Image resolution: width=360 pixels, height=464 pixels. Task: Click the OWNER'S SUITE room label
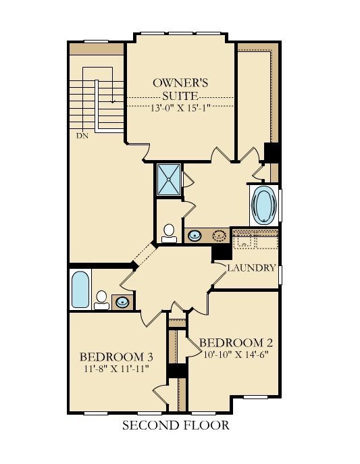tap(180, 90)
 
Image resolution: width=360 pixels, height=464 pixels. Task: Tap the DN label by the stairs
tap(82, 136)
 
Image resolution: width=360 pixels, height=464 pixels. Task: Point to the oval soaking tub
tap(263, 205)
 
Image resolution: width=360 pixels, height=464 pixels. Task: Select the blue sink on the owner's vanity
tap(195, 236)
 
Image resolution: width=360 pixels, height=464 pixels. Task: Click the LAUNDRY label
tap(251, 268)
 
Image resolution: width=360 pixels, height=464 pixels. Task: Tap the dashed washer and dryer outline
tap(255, 240)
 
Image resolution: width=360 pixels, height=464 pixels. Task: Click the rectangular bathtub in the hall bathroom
tap(80, 290)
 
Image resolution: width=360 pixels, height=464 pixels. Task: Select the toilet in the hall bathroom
tap(102, 299)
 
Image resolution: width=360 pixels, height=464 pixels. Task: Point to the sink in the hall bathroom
tap(122, 301)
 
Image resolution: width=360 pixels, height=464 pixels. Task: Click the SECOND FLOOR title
tap(176, 426)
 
